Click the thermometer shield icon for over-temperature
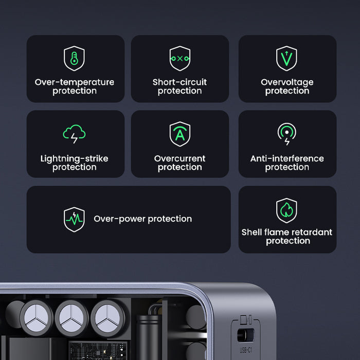[x=74, y=58]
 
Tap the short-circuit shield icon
[x=179, y=58]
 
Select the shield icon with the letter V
[x=286, y=58]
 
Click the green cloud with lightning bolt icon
[x=74, y=134]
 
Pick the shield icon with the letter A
[x=179, y=134]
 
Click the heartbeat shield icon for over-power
[x=74, y=219]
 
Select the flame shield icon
[x=286, y=211]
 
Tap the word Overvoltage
[x=287, y=82]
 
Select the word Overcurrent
[x=179, y=158]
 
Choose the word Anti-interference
[x=287, y=158]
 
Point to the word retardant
[x=310, y=232]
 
